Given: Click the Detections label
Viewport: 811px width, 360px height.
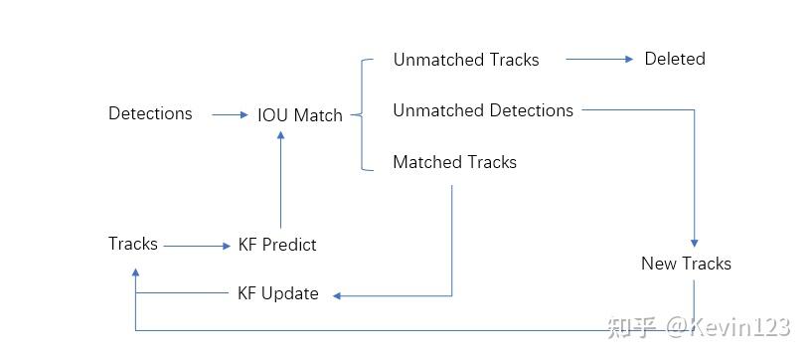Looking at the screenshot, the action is point(150,113).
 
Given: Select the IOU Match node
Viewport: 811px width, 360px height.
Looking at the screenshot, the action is point(300,114).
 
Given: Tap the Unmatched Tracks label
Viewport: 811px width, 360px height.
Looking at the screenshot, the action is point(466,60).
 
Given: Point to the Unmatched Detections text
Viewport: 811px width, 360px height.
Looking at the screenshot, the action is point(483,110).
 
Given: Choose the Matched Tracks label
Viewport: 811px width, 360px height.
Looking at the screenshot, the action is point(454,162).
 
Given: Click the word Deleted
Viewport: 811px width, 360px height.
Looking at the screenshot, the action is point(675,59).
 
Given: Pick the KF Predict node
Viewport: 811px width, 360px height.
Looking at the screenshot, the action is point(277,244).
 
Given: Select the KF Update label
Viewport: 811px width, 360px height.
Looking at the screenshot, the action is point(277,293).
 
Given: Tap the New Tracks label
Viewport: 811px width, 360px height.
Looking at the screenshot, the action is point(686,264).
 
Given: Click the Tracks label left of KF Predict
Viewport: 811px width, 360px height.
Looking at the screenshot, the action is point(133,243).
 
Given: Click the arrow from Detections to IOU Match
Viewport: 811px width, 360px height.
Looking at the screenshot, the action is point(231,114).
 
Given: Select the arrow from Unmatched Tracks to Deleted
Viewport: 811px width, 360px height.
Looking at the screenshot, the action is point(599,59).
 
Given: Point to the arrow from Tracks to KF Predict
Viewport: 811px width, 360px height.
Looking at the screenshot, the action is point(197,247).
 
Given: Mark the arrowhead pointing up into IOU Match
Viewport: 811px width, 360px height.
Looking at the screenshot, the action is point(281,135).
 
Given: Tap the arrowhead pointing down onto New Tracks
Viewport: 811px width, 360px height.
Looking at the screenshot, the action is point(694,243).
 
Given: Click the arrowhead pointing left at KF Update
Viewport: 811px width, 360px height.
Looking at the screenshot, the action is point(337,296).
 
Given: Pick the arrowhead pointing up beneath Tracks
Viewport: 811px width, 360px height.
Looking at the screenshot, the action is point(135,272).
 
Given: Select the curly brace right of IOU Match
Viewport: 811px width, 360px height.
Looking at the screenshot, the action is point(361,114).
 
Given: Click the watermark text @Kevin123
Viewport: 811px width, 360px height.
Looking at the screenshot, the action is point(729,327).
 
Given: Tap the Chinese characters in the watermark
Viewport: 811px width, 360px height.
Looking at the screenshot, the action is point(632,327).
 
